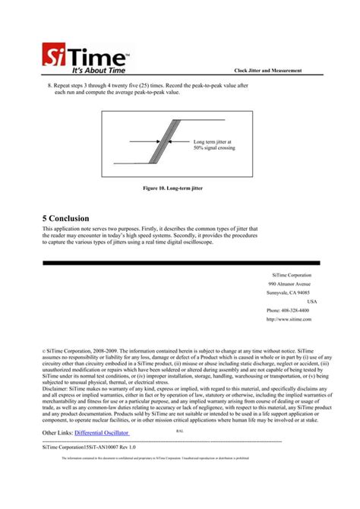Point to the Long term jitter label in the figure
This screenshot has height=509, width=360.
pyautogui.click(x=213, y=144)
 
